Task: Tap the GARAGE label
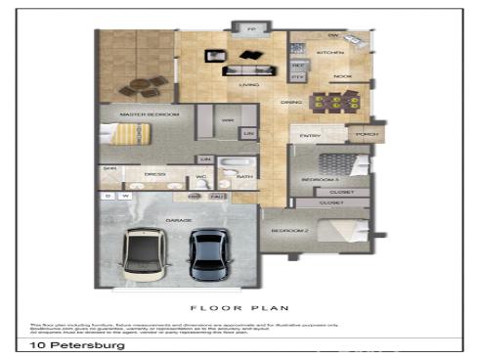click(x=179, y=221)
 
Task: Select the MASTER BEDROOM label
click(x=149, y=114)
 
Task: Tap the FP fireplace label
click(x=252, y=30)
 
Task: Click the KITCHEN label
click(x=327, y=50)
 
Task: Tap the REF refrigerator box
click(x=298, y=65)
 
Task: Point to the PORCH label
click(x=366, y=134)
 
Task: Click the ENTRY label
click(x=311, y=136)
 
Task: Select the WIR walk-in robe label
click(x=227, y=120)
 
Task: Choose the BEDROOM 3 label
click(x=320, y=181)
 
